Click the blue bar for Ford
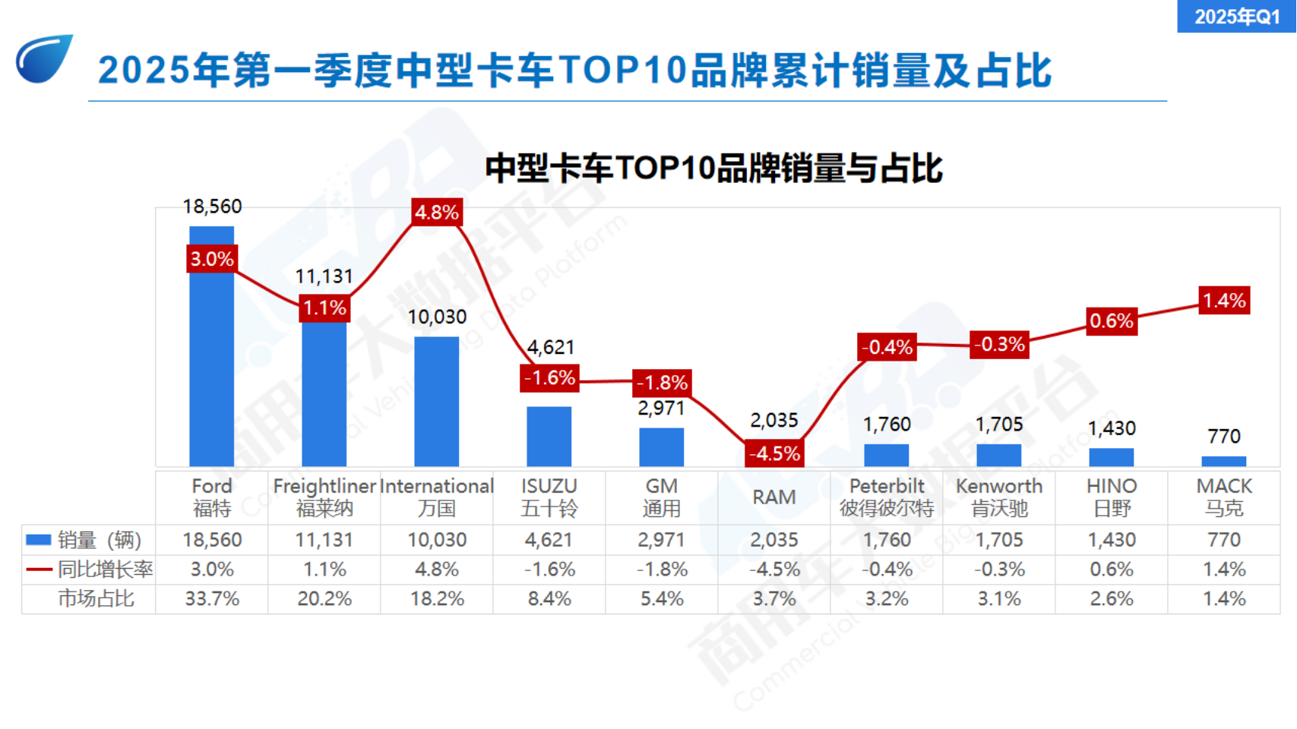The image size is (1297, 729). (x=211, y=364)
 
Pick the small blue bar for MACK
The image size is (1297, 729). (x=1223, y=461)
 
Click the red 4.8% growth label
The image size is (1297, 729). (x=436, y=212)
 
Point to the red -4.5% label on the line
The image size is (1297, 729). (x=773, y=453)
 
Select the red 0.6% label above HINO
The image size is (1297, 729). (x=1111, y=320)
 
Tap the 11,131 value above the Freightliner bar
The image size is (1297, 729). (x=324, y=276)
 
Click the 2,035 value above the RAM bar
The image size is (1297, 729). (x=773, y=420)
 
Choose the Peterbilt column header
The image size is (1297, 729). (x=886, y=497)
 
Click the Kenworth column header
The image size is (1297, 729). (x=998, y=497)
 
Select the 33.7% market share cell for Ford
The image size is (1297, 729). (x=212, y=598)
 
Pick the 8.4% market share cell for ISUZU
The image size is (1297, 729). (x=549, y=598)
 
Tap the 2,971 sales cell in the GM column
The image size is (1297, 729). (x=661, y=540)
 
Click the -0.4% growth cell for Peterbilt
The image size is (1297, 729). (x=886, y=569)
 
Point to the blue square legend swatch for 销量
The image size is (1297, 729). (x=39, y=540)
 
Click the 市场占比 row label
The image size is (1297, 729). (x=96, y=598)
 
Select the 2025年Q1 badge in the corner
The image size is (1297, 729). (x=1236, y=16)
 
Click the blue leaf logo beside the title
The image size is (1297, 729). (x=44, y=58)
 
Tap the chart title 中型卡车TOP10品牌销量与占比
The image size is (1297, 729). (x=713, y=168)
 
